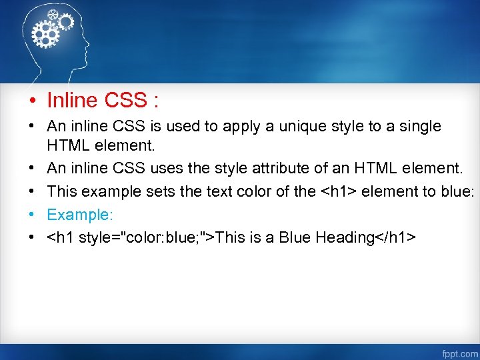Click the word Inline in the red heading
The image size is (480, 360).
[73, 101]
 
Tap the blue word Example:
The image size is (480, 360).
[77, 215]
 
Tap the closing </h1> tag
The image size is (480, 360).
[397, 237]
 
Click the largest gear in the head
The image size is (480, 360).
[46, 33]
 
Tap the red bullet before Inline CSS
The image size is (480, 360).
[31, 101]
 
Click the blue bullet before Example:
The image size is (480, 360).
[31, 215]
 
